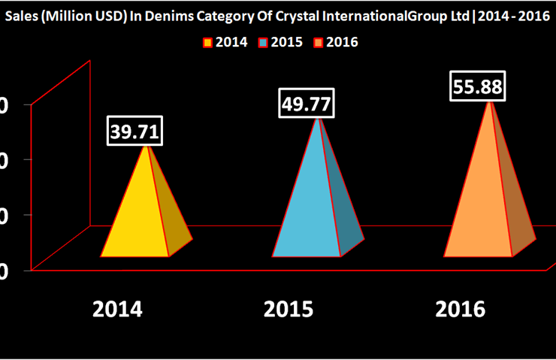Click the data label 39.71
pos(135,132)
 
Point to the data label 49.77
pos(306,104)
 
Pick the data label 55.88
pos(476,86)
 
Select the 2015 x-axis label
pos(291,308)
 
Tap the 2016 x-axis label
pos(460,308)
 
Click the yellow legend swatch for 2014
pos(208,42)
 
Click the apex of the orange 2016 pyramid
pos(491,101)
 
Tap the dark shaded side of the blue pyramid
pos(342,218)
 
